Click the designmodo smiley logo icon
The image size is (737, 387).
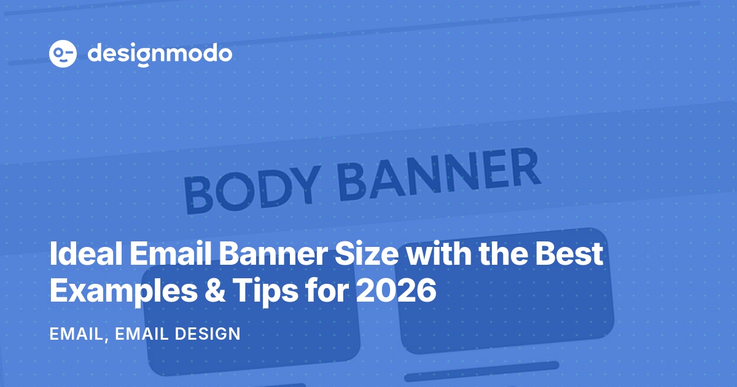(63, 54)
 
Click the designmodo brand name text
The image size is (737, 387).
(160, 54)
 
